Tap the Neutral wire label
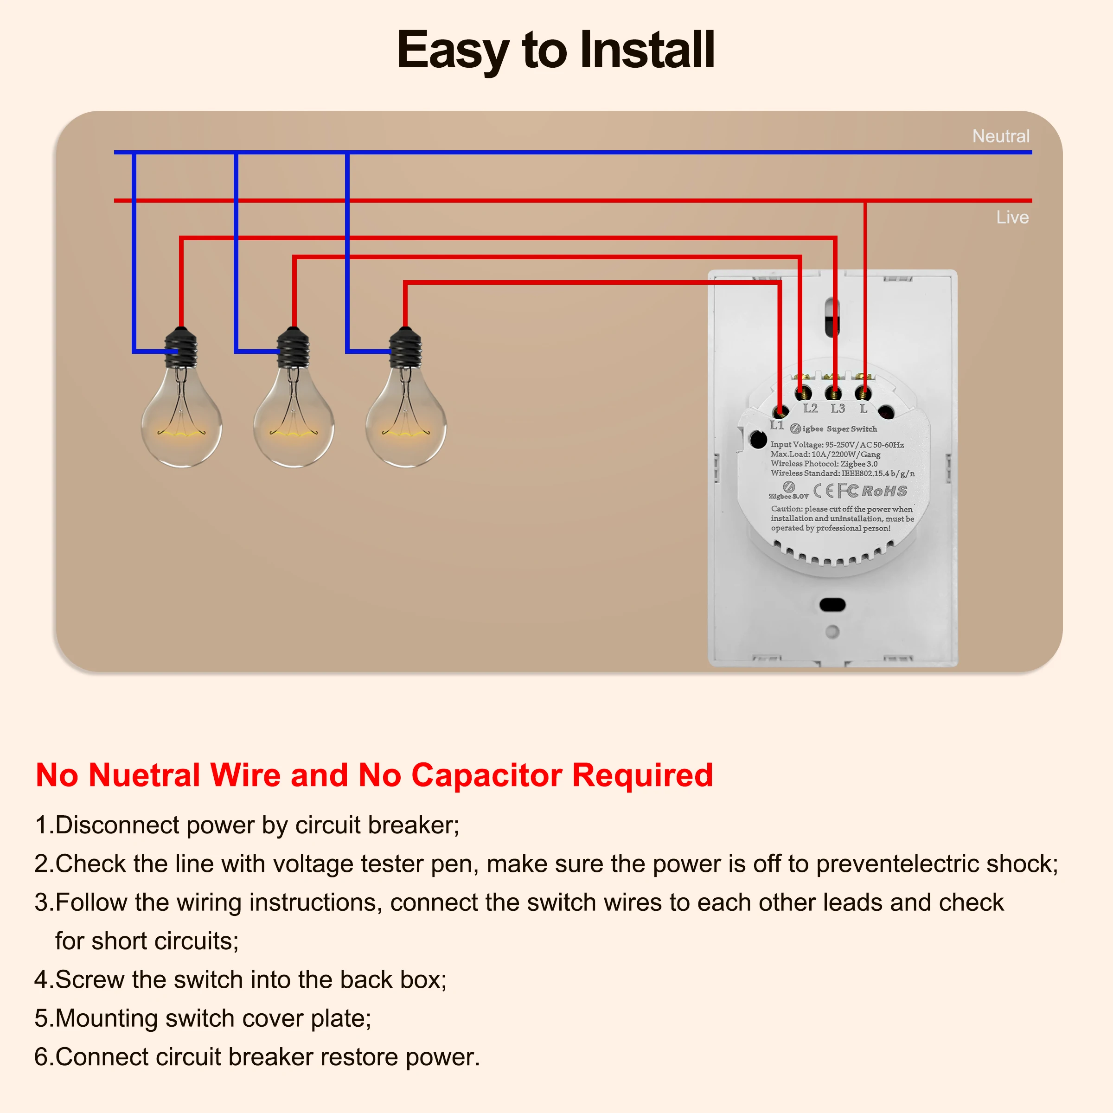(1001, 136)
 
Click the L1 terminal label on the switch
(777, 425)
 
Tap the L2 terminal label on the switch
(810, 409)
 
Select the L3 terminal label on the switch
(838, 409)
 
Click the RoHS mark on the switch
(884, 491)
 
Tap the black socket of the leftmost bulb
(181, 347)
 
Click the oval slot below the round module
(832, 604)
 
